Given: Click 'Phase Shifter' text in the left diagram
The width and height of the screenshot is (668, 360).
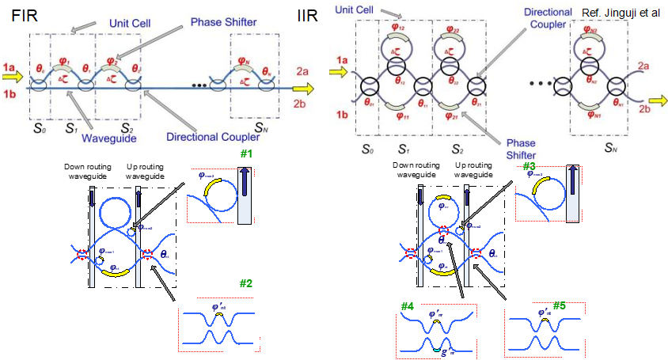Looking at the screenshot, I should (223, 21).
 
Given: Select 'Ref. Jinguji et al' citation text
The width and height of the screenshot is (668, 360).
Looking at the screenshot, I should (620, 14).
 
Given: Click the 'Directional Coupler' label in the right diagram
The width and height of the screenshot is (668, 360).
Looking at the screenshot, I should (545, 19).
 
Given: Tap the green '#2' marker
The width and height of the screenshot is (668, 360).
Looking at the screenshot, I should (246, 282).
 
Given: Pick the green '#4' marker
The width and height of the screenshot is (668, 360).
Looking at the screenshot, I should (408, 305).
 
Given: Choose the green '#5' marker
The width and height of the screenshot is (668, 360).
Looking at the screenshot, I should (560, 305).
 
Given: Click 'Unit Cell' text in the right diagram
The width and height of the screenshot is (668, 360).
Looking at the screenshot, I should (354, 9).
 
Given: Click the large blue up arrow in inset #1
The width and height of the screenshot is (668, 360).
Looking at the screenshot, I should (245, 195).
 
